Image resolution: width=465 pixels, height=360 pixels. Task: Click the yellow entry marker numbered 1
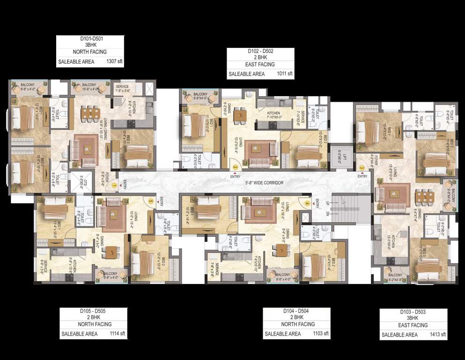(x=114, y=186)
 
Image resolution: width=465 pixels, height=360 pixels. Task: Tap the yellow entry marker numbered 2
(x=235, y=166)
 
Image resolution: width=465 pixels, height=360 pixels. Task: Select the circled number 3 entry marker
(x=362, y=167)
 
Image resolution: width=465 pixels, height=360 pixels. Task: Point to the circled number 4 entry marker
(x=307, y=203)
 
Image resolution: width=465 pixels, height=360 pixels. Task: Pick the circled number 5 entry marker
(x=150, y=202)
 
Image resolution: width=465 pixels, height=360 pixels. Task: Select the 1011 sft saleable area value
(x=284, y=74)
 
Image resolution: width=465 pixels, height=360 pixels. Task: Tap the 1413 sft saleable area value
(x=437, y=335)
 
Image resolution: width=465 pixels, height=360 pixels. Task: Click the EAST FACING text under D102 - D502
(x=260, y=64)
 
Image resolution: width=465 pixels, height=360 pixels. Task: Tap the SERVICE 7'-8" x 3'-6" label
(x=126, y=89)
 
